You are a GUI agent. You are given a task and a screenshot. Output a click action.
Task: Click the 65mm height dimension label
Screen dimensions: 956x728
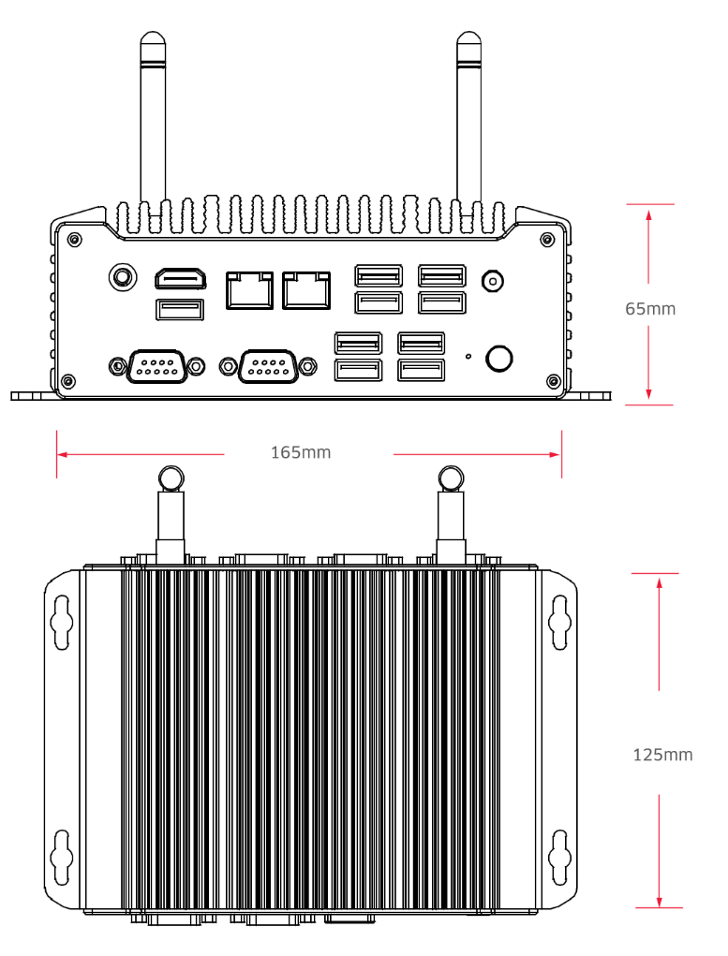click(650, 308)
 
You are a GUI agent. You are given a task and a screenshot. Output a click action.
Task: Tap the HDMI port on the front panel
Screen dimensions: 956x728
click(181, 279)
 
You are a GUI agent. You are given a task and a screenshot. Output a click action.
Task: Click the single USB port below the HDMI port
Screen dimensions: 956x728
click(179, 310)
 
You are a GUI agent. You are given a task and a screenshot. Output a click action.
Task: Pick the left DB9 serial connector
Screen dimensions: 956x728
click(156, 366)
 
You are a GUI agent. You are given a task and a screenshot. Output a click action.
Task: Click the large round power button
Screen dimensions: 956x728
click(498, 358)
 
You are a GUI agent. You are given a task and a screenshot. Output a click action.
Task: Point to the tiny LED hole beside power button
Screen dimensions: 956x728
click(468, 356)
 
